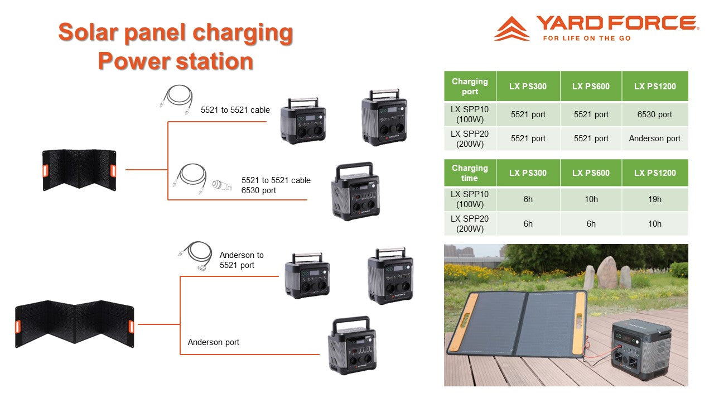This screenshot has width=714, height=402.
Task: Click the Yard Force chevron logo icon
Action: (512, 28)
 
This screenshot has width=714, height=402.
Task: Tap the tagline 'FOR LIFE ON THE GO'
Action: (587, 39)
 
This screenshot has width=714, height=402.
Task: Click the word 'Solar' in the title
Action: (88, 32)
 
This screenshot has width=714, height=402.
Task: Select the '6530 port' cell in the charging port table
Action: (655, 114)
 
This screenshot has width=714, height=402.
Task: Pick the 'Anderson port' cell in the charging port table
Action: (655, 138)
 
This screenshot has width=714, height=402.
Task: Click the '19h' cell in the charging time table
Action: (655, 199)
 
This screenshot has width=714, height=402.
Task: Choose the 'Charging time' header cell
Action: (470, 173)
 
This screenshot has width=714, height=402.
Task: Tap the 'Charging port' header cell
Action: (470, 86)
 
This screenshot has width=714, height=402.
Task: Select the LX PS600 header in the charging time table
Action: (591, 173)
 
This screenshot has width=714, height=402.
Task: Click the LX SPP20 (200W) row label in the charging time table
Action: (470, 224)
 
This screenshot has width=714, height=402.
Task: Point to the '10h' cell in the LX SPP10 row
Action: (591, 199)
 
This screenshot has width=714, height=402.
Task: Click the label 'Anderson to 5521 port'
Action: (242, 260)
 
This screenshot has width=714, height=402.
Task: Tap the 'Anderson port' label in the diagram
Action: (213, 342)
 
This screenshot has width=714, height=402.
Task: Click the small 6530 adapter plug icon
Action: (222, 185)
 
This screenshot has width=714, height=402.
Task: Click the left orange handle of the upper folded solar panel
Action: (45, 171)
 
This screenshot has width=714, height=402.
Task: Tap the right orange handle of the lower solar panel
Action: (131, 327)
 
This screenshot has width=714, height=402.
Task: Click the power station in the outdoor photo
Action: (641, 350)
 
